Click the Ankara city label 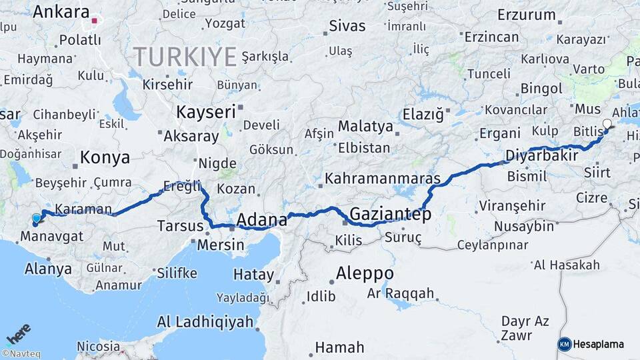(x=61, y=11)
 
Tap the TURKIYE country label (x=185, y=57)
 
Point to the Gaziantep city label (x=390, y=215)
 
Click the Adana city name (x=261, y=220)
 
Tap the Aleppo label (x=364, y=273)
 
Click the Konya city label (x=105, y=158)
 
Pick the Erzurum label (x=527, y=15)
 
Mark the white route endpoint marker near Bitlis (x=607, y=123)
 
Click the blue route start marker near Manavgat (x=36, y=218)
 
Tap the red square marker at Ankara (x=95, y=21)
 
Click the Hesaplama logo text (x=598, y=344)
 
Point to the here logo (x=19, y=333)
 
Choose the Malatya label (x=365, y=126)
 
